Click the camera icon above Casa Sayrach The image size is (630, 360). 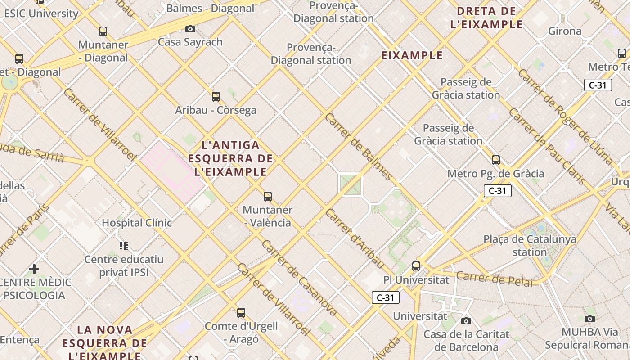click(x=190, y=29)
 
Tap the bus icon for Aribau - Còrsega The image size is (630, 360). click(x=216, y=96)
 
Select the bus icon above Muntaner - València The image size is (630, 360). click(x=268, y=197)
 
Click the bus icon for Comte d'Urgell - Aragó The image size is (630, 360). click(x=241, y=312)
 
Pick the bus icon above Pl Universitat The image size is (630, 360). click(x=416, y=266)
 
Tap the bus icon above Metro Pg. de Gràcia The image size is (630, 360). click(x=496, y=160)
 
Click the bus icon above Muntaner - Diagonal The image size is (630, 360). click(x=103, y=31)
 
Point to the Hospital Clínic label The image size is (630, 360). click(x=137, y=223)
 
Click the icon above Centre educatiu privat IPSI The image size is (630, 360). click(x=124, y=246)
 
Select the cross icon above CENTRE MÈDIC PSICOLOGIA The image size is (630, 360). click(x=34, y=269)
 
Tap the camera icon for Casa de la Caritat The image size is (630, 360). click(x=466, y=321)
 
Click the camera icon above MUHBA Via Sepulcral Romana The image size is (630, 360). click(x=590, y=319)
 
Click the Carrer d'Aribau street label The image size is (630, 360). click(x=355, y=238)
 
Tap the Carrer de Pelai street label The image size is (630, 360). click(x=494, y=279)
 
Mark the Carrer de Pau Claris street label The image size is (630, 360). click(x=547, y=146)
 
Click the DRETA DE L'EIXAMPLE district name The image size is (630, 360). click(x=487, y=18)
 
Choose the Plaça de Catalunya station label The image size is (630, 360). click(x=530, y=245)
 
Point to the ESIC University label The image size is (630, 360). click(x=41, y=13)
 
